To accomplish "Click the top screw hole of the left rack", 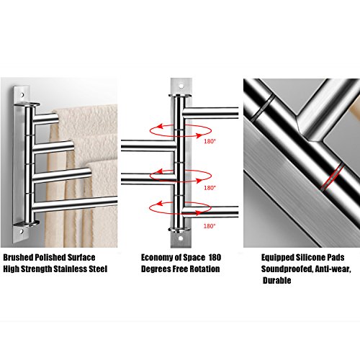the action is pyautogui.click(x=22, y=95).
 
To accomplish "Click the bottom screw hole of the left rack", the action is pyautogui.click(x=22, y=232).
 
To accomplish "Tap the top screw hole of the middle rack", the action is pyautogui.click(x=181, y=86).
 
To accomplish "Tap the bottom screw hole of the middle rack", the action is pyautogui.click(x=180, y=238).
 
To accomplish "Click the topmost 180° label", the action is pyautogui.click(x=210, y=141).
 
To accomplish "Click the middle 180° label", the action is pyautogui.click(x=210, y=188).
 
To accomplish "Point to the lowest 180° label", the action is pyautogui.click(x=210, y=226).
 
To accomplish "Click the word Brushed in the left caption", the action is pyautogui.click(x=18, y=258).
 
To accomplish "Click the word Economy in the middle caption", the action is pyautogui.click(x=157, y=258).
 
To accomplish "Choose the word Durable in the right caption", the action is pyautogui.click(x=276, y=280).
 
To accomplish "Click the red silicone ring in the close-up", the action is pyautogui.click(x=333, y=177).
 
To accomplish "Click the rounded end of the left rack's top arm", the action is pyautogui.click(x=55, y=118).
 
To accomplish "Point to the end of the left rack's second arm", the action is pyautogui.click(x=70, y=146).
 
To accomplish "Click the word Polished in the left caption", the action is pyautogui.click(x=50, y=258).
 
